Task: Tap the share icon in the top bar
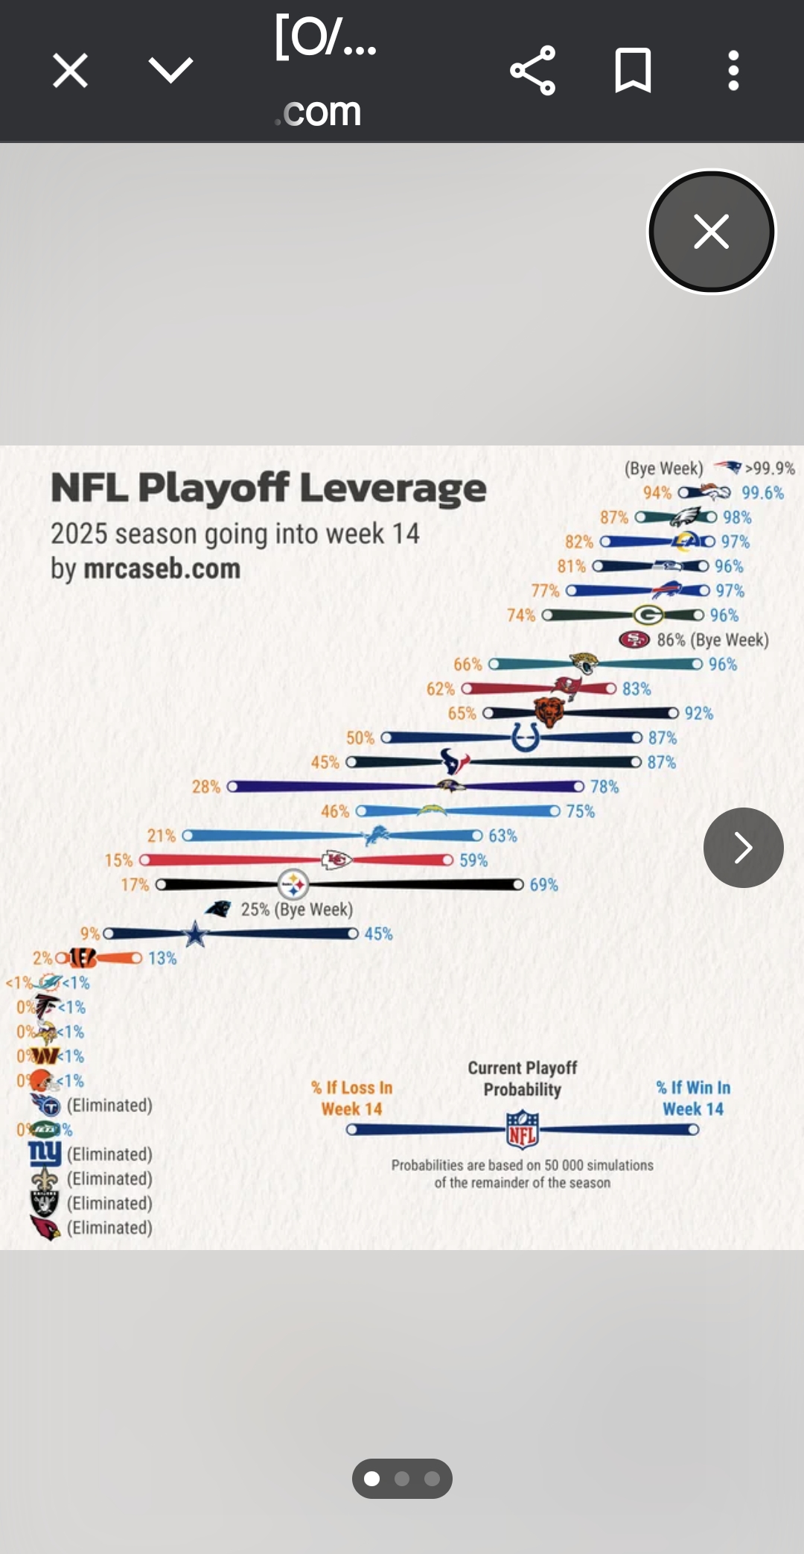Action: [x=533, y=71]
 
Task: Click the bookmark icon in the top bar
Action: [x=633, y=71]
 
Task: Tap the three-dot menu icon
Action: [x=733, y=71]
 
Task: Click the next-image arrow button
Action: [x=743, y=848]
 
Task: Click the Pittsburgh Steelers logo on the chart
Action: [x=293, y=885]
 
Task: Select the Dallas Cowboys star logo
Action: [x=195, y=933]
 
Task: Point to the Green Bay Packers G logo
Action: [x=648, y=615]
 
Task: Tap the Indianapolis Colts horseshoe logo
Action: [x=526, y=738]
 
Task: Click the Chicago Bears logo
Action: [x=549, y=713]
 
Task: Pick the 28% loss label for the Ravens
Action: [x=206, y=787]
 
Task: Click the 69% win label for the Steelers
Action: [x=543, y=885]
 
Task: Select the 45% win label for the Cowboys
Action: [x=378, y=934]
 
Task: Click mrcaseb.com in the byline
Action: [x=162, y=569]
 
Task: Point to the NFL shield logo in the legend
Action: [x=523, y=1129]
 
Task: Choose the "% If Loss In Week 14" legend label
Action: [x=351, y=1098]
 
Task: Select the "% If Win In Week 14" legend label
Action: [x=693, y=1098]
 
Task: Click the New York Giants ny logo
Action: [x=45, y=1154]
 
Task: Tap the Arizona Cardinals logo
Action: [x=45, y=1228]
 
